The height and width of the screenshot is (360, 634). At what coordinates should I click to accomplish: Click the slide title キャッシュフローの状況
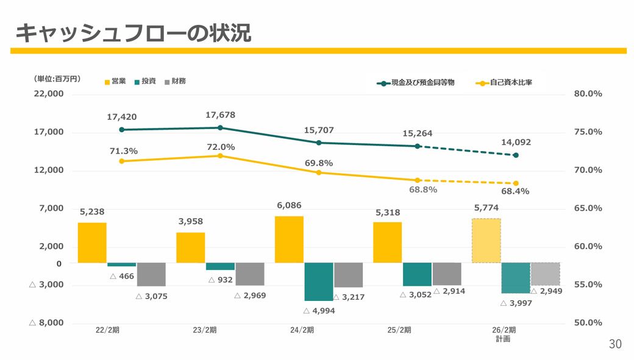(x=133, y=33)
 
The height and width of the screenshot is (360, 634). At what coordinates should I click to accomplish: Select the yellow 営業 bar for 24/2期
(x=290, y=239)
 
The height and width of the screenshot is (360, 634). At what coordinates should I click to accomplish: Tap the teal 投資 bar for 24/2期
(x=319, y=281)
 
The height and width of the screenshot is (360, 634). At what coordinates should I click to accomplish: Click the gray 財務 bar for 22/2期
(x=151, y=274)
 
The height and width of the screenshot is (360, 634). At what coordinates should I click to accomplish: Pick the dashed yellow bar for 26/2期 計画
(x=486, y=241)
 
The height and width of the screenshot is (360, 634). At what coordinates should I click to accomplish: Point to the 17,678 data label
(x=220, y=115)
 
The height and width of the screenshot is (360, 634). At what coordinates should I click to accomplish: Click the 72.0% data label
(x=220, y=147)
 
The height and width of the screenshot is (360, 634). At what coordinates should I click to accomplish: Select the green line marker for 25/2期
(x=418, y=146)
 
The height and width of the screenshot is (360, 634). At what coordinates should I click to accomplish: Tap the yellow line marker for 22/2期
(x=122, y=161)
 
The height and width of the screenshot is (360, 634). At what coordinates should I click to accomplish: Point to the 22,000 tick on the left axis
(x=49, y=94)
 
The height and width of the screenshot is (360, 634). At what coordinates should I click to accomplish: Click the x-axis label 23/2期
(x=205, y=330)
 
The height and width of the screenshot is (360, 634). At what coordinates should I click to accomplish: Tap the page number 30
(x=615, y=344)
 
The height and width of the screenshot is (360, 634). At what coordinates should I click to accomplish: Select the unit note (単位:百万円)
(x=57, y=79)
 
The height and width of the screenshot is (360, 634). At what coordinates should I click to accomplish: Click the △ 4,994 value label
(x=319, y=311)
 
